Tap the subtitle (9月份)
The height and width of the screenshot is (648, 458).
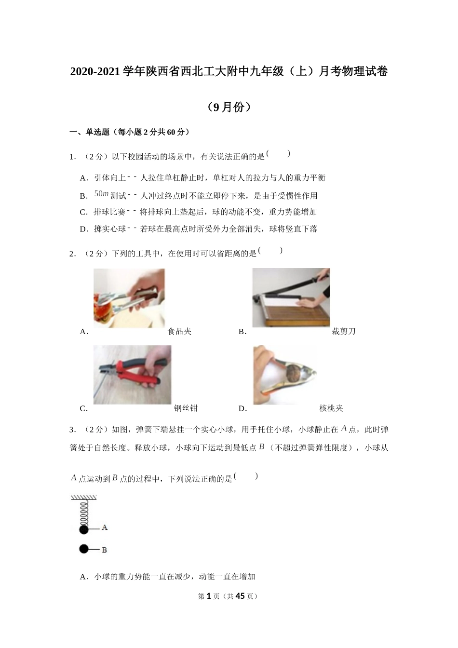(x=229, y=107)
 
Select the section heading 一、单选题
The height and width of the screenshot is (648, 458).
(x=90, y=132)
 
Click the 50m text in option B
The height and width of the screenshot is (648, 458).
(x=101, y=194)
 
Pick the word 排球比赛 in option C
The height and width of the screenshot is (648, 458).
(x=109, y=212)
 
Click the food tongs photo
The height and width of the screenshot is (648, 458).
(x=129, y=297)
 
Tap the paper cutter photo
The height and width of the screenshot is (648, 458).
(x=291, y=297)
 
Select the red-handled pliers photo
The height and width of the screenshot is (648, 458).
(x=132, y=375)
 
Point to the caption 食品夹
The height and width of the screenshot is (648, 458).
(x=179, y=331)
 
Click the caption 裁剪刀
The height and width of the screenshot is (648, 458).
(x=343, y=331)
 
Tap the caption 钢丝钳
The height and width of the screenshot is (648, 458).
(x=186, y=408)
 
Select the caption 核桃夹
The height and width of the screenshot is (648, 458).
(x=331, y=408)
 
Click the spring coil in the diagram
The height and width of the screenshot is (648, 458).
(x=84, y=513)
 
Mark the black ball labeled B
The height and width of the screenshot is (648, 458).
(x=84, y=549)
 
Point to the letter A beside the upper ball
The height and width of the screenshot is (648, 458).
(x=105, y=528)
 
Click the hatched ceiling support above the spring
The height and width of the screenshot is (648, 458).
(x=84, y=498)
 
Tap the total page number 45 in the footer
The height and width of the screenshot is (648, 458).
(x=240, y=596)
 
